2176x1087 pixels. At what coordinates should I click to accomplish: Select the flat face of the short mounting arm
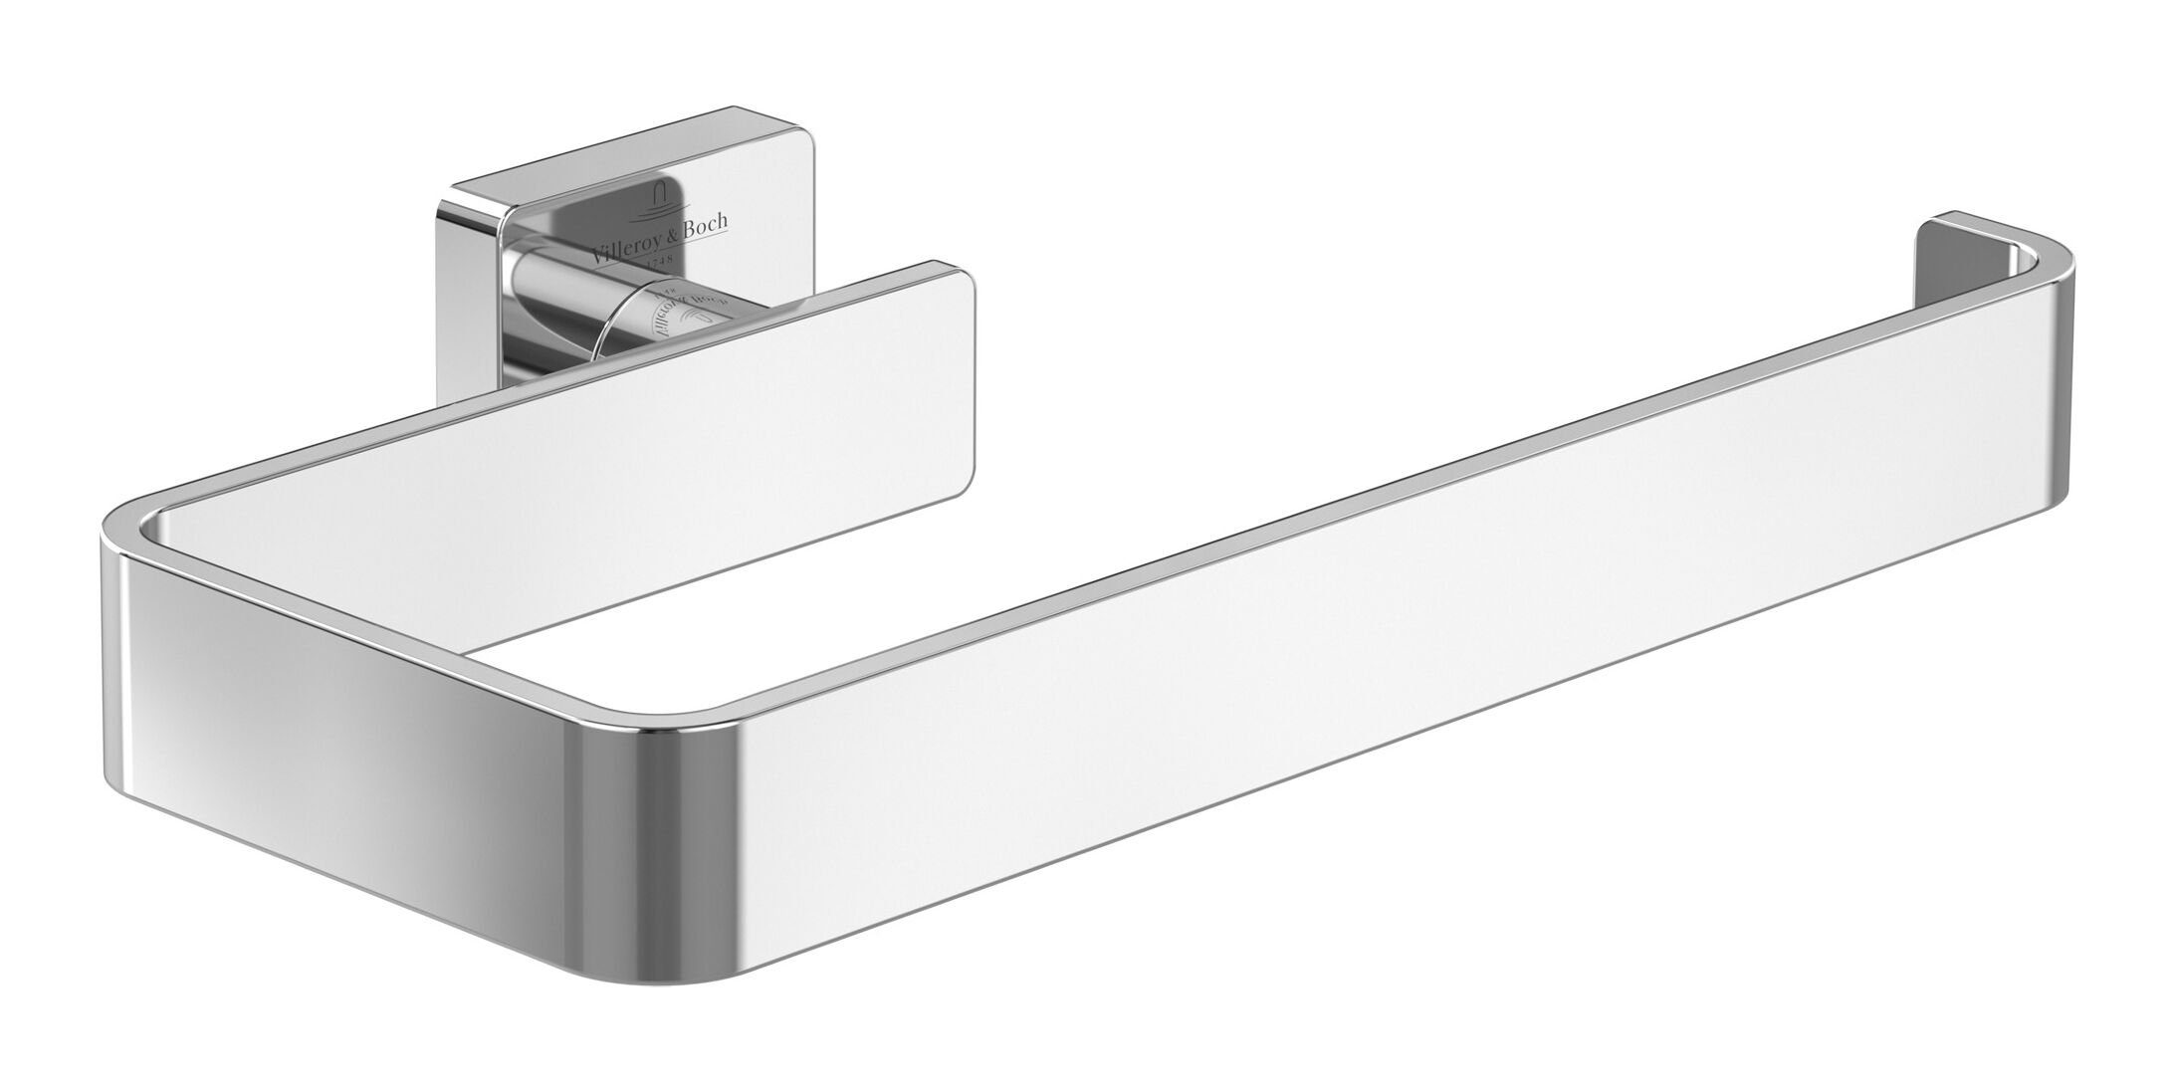[x=697, y=398]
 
